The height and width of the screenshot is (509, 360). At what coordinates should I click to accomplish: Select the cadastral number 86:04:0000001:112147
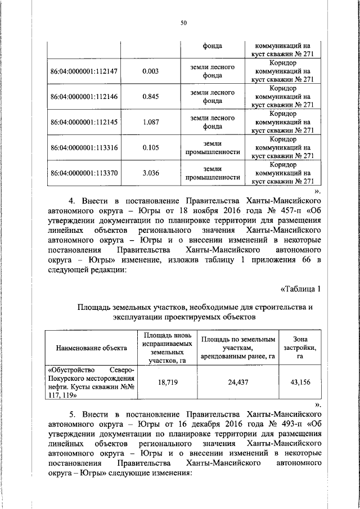(x=84, y=71)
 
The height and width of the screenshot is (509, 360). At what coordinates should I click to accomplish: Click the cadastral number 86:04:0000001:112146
(x=84, y=97)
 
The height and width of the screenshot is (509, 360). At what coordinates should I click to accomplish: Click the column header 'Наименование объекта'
(x=91, y=348)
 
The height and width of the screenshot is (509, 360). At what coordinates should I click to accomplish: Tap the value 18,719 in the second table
(x=165, y=382)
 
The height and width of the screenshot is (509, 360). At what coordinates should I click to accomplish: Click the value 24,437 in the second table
(x=238, y=382)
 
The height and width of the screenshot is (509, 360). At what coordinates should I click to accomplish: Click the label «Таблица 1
(x=300, y=290)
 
